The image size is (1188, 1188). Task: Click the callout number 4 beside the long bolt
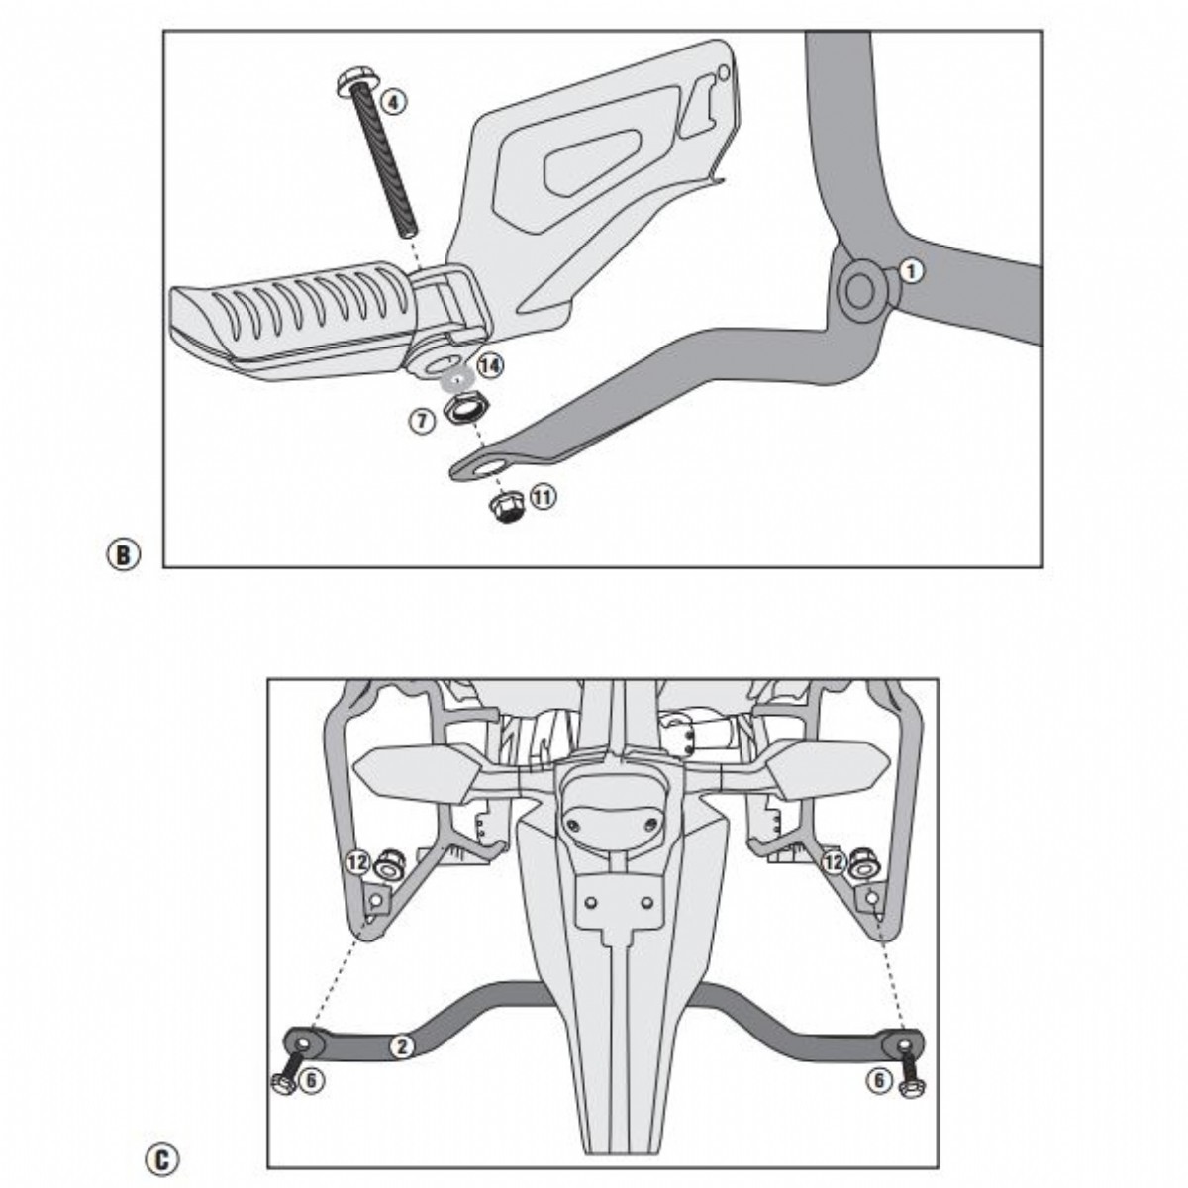point(393,101)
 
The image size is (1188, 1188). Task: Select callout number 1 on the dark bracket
point(911,270)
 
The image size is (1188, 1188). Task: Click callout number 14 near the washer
point(489,365)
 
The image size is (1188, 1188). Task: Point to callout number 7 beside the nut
point(422,421)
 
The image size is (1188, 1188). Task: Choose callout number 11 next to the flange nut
point(543,496)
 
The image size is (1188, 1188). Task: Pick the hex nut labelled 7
point(459,408)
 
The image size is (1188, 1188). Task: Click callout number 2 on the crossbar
point(399,1047)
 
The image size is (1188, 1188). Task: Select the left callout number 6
point(310,1081)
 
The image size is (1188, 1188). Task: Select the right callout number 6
point(879,1081)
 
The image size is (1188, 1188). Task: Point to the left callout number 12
point(357,862)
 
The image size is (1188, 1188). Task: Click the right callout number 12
point(835,862)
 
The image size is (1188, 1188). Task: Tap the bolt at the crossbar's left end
point(284,1079)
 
